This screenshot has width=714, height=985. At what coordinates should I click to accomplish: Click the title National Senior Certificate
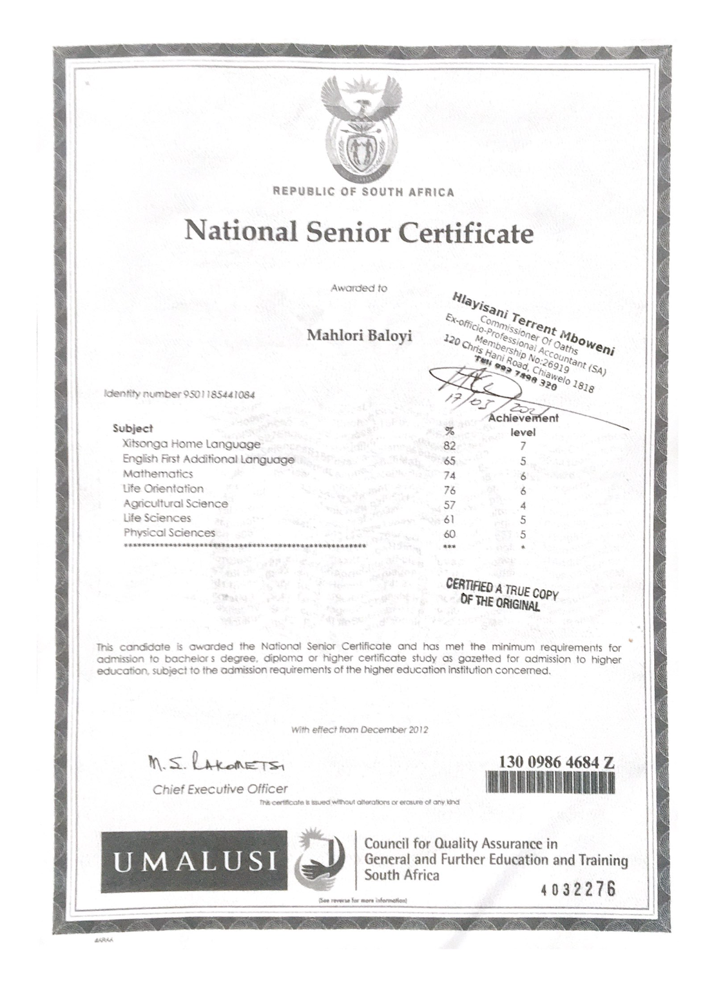359,233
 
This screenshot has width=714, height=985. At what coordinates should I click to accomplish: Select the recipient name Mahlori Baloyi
359,336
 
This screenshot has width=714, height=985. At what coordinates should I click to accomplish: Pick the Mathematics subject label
158,474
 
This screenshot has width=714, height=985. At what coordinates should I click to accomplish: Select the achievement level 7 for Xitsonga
524,445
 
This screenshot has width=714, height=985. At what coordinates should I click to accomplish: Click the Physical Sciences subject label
169,533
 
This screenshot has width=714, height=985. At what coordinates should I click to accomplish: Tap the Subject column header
133,428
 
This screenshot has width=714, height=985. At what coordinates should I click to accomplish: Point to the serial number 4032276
579,890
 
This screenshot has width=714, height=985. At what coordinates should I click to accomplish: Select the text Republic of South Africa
363,191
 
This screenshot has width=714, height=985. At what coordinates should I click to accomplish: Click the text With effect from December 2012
360,730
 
